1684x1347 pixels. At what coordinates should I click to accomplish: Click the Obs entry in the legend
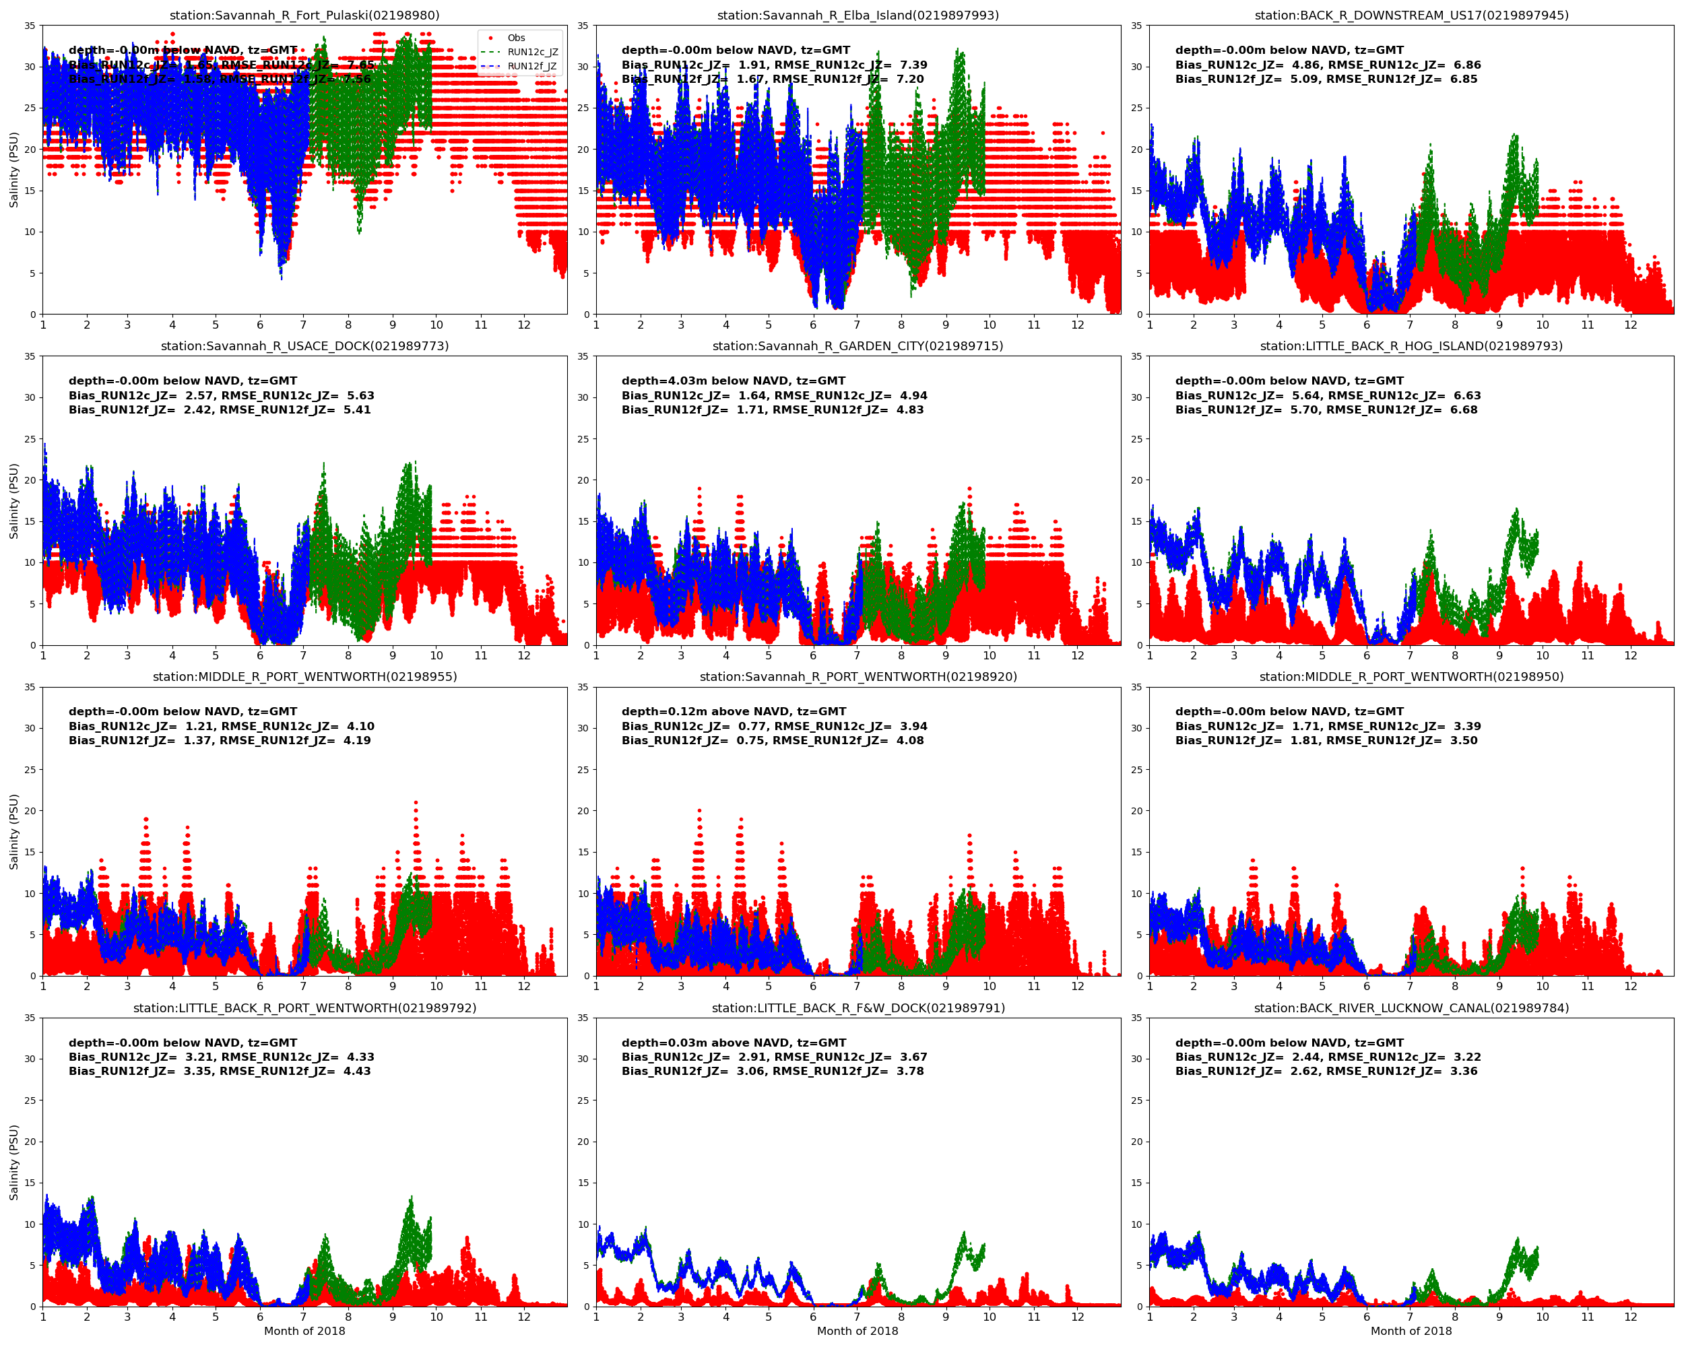(515, 38)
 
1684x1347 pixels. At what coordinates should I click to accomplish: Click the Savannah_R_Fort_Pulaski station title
(304, 15)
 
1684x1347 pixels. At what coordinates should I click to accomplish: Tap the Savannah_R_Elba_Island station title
(857, 15)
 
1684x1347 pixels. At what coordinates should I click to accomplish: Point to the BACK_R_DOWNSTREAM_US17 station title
(1411, 15)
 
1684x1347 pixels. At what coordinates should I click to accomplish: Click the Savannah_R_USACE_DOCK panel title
(304, 346)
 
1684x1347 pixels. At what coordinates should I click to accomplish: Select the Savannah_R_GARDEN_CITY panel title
(857, 346)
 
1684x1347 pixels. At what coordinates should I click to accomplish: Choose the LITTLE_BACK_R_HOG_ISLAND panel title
(1411, 346)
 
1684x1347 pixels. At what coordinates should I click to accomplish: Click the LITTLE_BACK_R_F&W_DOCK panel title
(857, 1008)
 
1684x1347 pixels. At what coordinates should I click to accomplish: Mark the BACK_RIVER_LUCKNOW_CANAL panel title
(1411, 1008)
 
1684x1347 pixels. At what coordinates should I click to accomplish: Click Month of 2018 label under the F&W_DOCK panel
(857, 1331)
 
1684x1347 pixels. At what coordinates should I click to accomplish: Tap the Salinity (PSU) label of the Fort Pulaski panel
(13, 170)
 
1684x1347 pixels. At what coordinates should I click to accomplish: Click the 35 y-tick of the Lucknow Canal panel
(1137, 1018)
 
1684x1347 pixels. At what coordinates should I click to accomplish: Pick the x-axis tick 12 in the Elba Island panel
(1077, 325)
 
